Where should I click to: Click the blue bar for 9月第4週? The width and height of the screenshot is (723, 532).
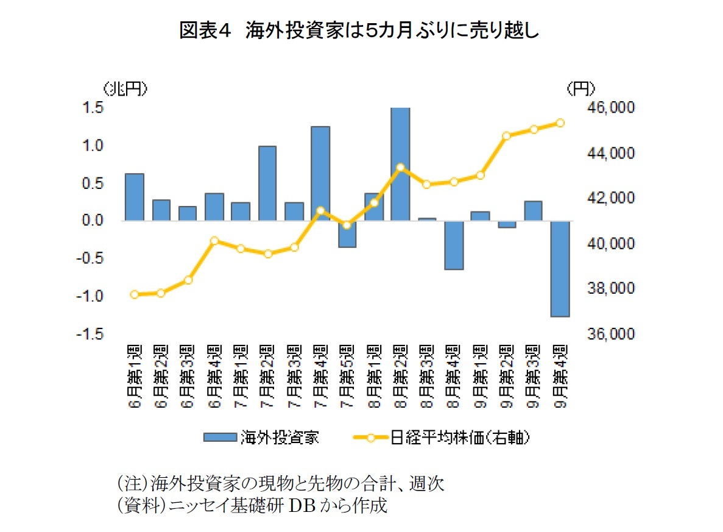click(x=560, y=269)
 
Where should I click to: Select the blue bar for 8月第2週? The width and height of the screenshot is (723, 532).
click(x=400, y=164)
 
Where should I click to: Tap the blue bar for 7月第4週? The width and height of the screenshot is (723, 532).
click(x=320, y=174)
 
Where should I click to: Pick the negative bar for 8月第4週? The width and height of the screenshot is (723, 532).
click(x=454, y=245)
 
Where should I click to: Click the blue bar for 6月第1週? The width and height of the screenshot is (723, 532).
click(x=135, y=197)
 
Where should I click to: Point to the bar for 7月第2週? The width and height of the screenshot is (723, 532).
click(x=267, y=183)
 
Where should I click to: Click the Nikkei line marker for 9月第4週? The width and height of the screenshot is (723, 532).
click(x=560, y=123)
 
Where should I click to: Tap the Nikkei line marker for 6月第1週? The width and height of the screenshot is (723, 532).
click(x=135, y=294)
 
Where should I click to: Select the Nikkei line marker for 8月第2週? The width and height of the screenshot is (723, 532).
click(x=400, y=167)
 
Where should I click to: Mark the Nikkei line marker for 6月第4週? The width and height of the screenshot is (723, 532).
click(x=214, y=241)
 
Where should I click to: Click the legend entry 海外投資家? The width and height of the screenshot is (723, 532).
click(x=262, y=437)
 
